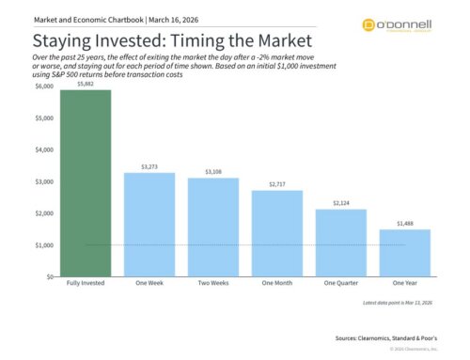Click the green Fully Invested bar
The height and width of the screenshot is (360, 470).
[86, 183]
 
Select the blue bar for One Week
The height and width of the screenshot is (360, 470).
[149, 225]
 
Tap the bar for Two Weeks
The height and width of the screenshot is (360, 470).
[213, 227]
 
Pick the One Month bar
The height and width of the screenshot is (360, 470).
[277, 234]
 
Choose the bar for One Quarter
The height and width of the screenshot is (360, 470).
[341, 243]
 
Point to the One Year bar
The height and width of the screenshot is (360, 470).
[405, 254]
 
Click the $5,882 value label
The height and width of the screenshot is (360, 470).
[86, 83]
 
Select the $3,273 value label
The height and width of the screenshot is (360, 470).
[149, 166]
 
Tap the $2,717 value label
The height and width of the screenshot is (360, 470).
[277, 184]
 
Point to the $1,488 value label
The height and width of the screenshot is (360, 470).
[405, 224]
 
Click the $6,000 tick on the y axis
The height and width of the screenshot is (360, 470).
[44, 86]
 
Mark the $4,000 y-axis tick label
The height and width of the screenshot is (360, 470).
[44, 150]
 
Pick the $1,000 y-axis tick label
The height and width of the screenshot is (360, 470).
[44, 245]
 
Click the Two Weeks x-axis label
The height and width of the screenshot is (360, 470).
[213, 284]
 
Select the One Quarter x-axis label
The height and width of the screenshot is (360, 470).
[341, 284]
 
